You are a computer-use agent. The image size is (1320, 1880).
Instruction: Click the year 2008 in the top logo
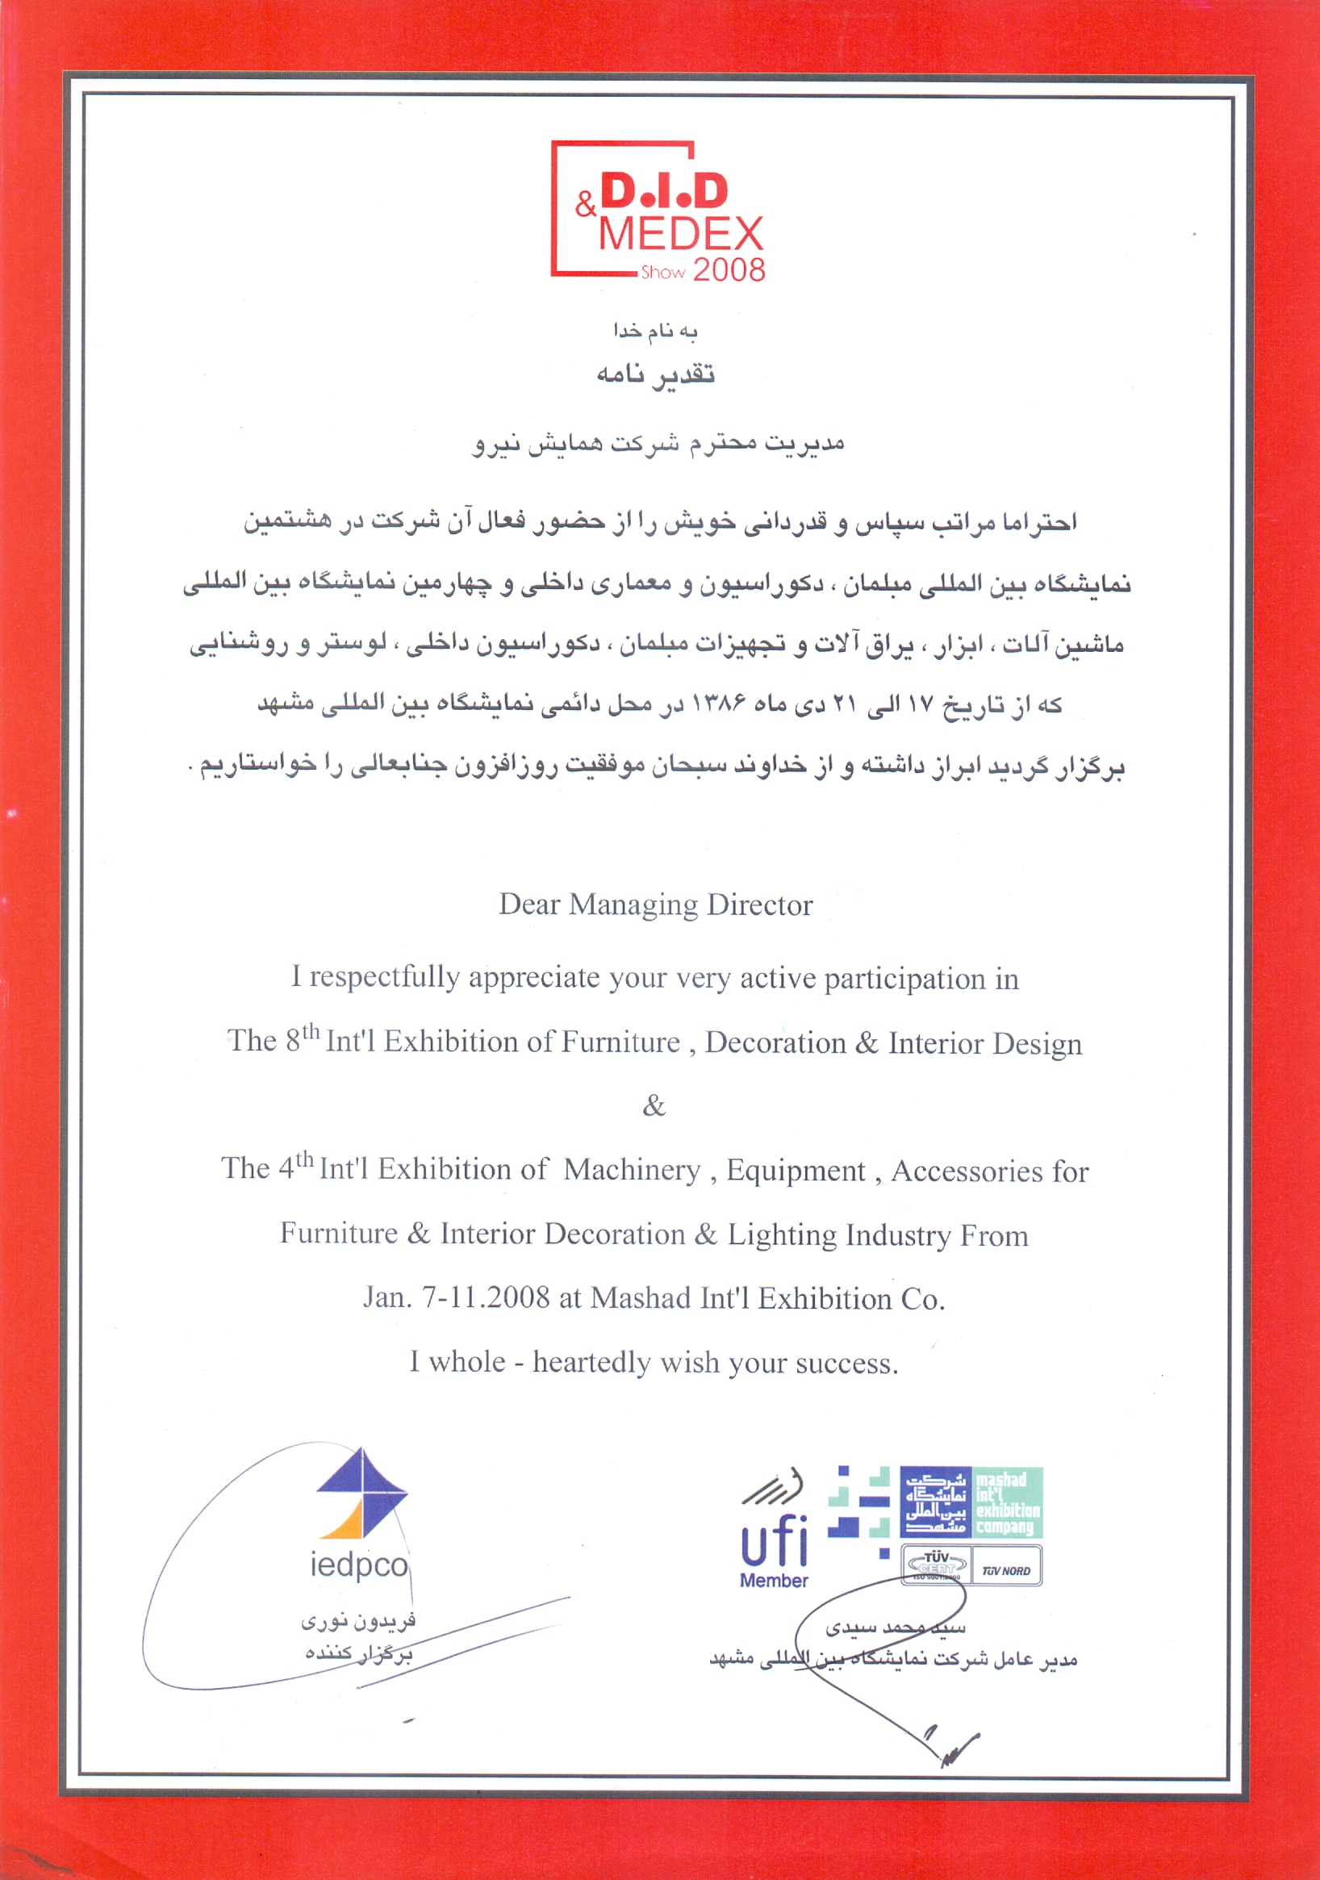coord(729,269)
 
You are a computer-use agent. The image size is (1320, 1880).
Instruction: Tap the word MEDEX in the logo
coord(680,234)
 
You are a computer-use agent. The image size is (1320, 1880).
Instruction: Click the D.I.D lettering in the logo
coord(664,190)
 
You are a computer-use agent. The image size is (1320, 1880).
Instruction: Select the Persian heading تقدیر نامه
coord(655,374)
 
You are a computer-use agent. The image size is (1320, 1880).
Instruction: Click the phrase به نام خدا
coord(655,331)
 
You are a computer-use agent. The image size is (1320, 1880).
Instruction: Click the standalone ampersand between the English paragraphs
coord(654,1106)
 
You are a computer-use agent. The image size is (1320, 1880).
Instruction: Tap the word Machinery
coord(631,1170)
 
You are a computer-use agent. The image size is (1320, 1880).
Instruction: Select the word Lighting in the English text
coord(782,1234)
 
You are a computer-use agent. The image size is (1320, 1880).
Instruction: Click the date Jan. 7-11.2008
coord(456,1297)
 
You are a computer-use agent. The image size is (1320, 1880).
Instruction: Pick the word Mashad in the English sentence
coord(641,1297)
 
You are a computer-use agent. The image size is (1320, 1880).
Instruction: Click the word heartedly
coord(591,1362)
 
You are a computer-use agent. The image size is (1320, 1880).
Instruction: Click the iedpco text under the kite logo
coord(359,1565)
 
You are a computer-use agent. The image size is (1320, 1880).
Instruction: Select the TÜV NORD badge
coord(1006,1570)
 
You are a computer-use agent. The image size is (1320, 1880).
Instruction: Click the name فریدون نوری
coord(359,1620)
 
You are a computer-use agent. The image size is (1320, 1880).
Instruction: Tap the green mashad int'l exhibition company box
coord(1007,1502)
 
